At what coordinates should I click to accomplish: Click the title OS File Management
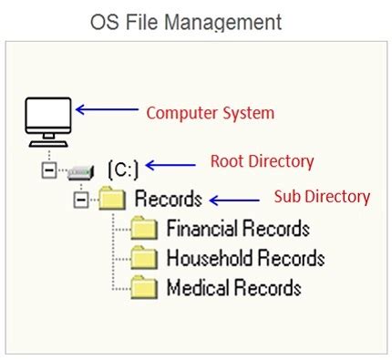(185, 22)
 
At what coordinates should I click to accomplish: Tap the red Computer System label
(210, 114)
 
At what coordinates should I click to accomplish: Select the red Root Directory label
(262, 162)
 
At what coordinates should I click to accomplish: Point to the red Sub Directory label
(322, 197)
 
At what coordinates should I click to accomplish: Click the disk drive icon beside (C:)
(80, 170)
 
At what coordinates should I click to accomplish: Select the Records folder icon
(111, 198)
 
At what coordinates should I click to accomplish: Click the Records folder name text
(169, 198)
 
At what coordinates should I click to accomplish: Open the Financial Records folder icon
(144, 228)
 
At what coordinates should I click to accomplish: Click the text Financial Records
(238, 228)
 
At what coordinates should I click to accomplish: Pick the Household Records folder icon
(144, 259)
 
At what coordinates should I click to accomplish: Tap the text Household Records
(245, 259)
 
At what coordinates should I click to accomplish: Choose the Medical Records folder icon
(144, 289)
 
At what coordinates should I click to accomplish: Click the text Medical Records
(233, 289)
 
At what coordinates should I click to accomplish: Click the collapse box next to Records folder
(80, 199)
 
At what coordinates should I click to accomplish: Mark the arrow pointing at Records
(233, 199)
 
